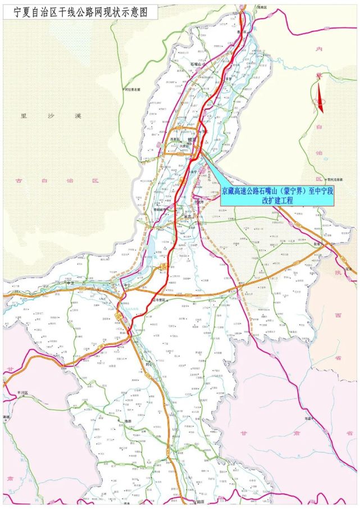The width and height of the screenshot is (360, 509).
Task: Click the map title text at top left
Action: click(76, 11)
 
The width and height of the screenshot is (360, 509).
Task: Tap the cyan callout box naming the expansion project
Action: click(277, 196)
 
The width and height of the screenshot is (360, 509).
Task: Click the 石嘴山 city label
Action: click(199, 65)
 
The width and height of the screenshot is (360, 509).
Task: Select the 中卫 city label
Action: click(70, 284)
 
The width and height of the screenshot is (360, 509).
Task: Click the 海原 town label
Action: click(127, 421)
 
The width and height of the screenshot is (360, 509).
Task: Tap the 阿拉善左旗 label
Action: click(133, 89)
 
